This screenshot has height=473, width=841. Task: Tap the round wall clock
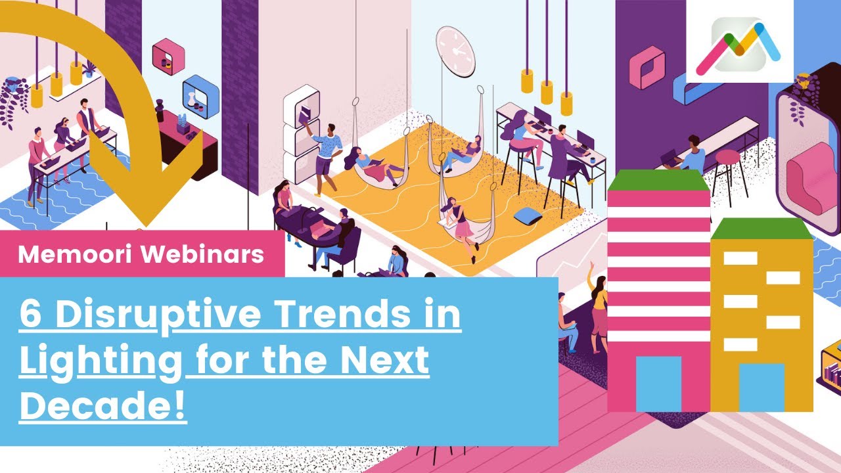click(x=455, y=47)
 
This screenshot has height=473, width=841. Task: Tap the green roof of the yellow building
click(x=761, y=228)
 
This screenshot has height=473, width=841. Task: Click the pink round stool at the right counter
click(x=727, y=157)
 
